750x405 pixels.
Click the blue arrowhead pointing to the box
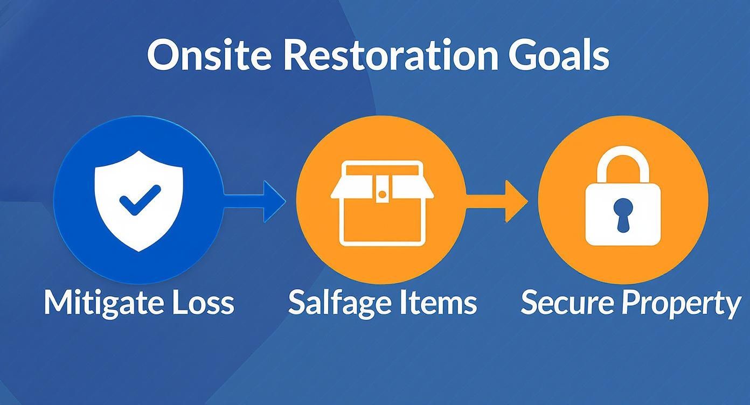pos(274,201)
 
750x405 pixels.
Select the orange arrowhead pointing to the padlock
pos(516,201)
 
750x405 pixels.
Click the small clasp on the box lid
pos(382,192)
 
